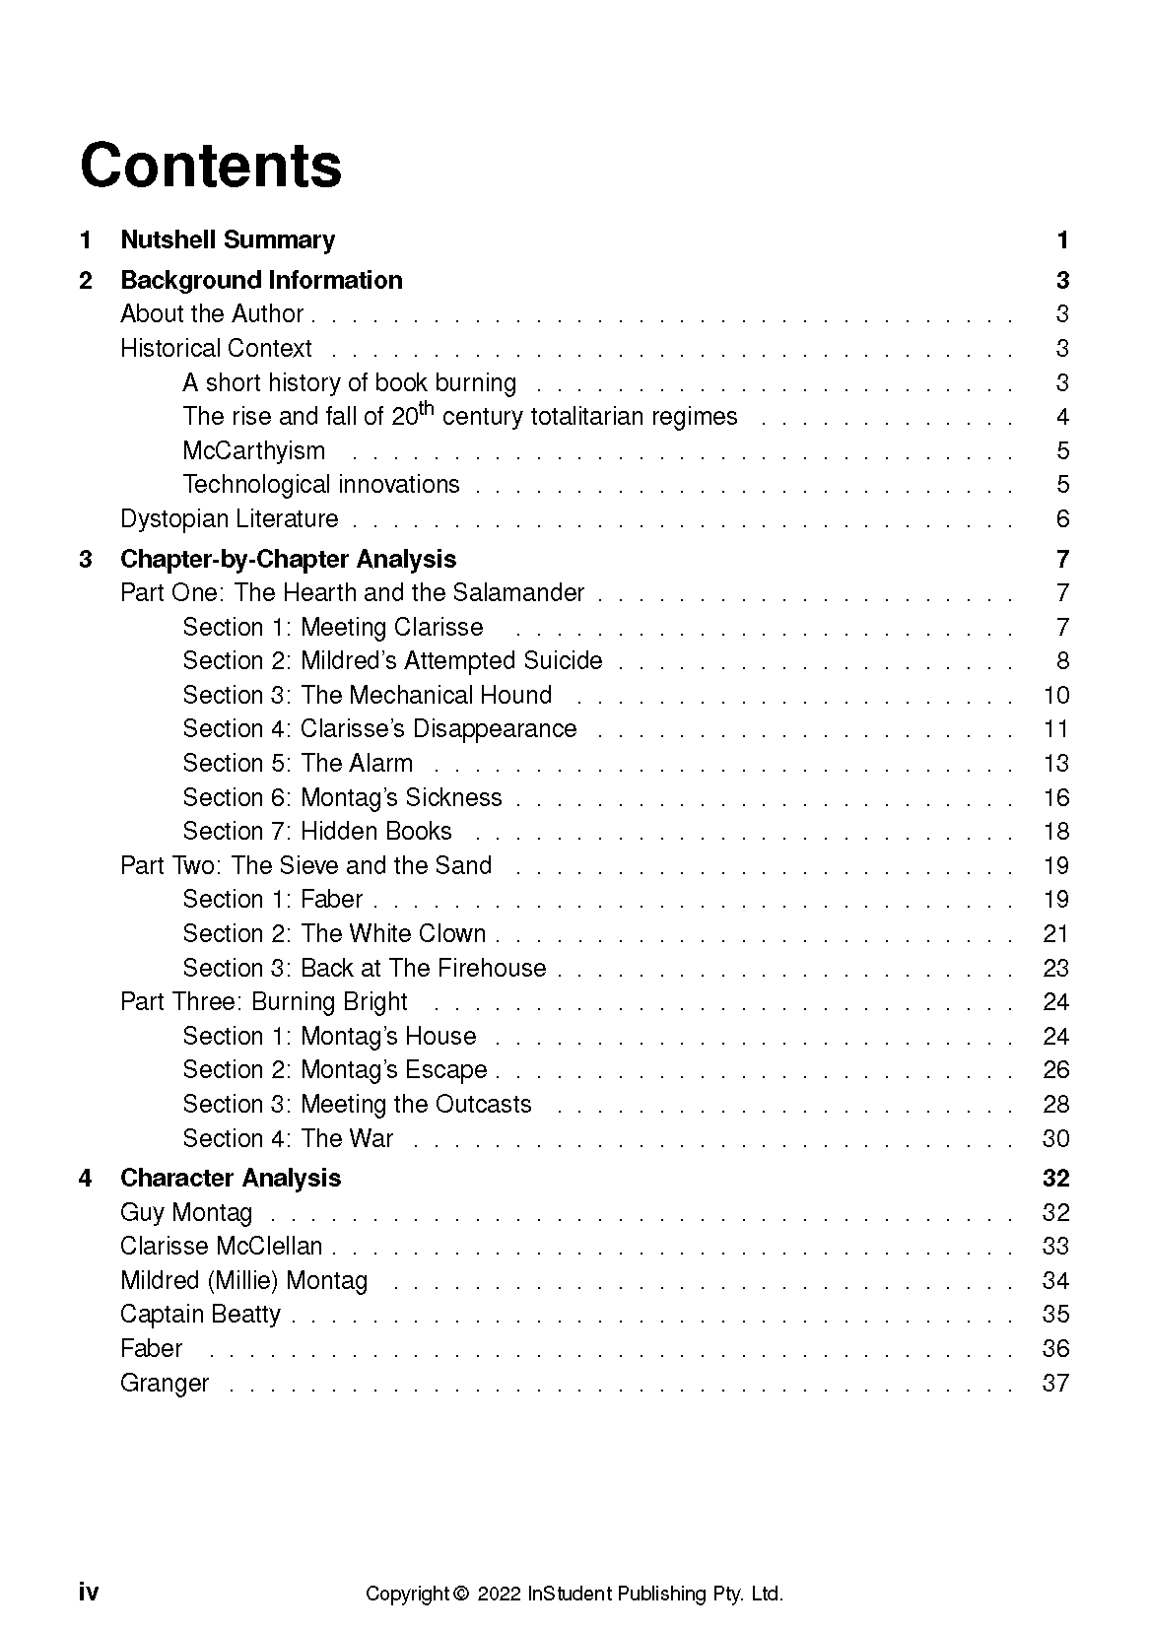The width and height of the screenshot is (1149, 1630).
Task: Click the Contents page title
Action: pyautogui.click(x=211, y=166)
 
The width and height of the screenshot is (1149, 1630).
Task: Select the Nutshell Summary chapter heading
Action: pyautogui.click(x=228, y=239)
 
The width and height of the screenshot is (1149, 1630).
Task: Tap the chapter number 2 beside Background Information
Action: pyautogui.click(x=86, y=280)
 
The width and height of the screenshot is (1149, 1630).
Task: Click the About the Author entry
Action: pyautogui.click(x=212, y=313)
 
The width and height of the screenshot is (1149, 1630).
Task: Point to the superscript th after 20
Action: pyautogui.click(x=427, y=408)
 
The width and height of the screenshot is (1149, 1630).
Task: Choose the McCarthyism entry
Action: pyautogui.click(x=253, y=450)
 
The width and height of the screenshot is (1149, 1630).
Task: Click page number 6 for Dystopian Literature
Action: pyautogui.click(x=1062, y=518)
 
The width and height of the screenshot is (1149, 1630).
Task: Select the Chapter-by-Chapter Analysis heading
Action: pyautogui.click(x=288, y=559)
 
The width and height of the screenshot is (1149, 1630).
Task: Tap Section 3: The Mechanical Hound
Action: pyautogui.click(x=367, y=695)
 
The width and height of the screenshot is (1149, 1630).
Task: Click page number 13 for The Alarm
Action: pyautogui.click(x=1055, y=763)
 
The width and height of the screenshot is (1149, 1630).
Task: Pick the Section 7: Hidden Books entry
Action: pyautogui.click(x=317, y=831)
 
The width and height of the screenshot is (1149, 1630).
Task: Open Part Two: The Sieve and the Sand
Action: pyautogui.click(x=305, y=865)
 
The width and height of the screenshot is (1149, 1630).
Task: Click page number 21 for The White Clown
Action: pyautogui.click(x=1055, y=933)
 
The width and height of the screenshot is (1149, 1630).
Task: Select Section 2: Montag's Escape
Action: pyautogui.click(x=335, y=1069)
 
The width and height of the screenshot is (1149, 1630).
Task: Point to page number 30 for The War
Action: pyautogui.click(x=1055, y=1138)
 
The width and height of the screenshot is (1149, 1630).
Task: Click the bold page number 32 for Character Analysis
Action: pyautogui.click(x=1055, y=1178)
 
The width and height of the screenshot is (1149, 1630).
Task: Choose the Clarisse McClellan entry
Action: pyautogui.click(x=222, y=1246)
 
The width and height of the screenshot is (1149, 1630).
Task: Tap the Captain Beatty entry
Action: pyautogui.click(x=200, y=1314)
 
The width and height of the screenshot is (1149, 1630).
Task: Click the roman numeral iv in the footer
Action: pyautogui.click(x=89, y=1593)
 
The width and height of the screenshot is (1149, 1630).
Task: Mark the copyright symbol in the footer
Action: pyautogui.click(x=460, y=1594)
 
